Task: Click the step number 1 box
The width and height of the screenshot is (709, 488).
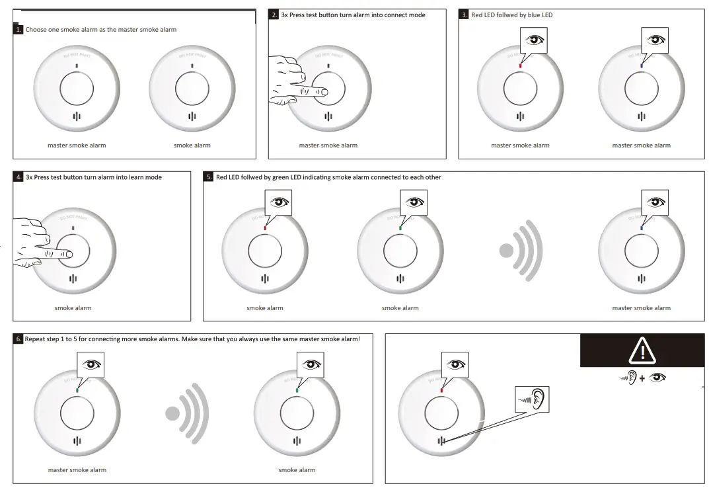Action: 19,30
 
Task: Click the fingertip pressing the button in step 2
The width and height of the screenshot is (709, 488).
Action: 323,92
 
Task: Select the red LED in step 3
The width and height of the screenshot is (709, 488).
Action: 521,65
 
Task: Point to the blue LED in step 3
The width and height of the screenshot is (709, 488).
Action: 642,65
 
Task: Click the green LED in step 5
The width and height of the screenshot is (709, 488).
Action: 400,228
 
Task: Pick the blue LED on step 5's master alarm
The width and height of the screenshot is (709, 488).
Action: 642,228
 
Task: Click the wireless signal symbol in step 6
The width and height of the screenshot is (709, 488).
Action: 188,413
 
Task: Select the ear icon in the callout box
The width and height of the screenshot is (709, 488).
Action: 538,399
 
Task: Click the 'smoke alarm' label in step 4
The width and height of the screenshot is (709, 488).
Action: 73,308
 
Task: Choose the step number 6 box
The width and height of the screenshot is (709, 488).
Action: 19,339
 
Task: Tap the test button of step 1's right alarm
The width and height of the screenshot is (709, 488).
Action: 192,87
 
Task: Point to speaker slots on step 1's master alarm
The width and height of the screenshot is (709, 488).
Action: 77,116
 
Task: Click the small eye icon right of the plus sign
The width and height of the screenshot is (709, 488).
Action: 657,378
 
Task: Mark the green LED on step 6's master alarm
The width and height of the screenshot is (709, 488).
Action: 77,390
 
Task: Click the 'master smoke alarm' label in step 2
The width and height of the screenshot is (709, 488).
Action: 328,145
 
